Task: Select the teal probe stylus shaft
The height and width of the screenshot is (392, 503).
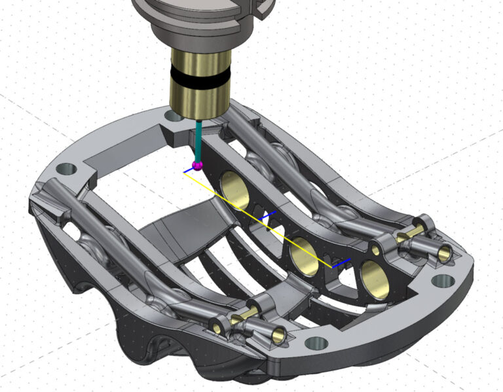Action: click(x=198, y=141)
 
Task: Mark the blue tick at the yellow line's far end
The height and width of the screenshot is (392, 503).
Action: click(x=341, y=262)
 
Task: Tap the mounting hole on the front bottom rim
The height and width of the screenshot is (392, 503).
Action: click(x=316, y=342)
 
